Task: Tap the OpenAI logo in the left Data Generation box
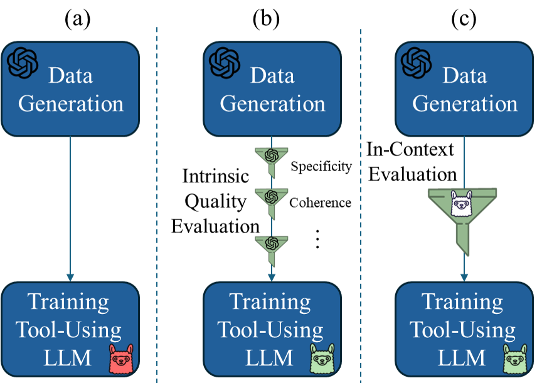23,61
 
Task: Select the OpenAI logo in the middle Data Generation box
225,61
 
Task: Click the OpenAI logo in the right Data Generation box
417,61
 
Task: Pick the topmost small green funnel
271,157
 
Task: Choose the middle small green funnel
271,199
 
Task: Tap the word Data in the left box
70,76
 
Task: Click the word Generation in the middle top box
272,103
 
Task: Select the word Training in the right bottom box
462,302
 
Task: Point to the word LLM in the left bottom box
67,358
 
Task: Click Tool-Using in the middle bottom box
270,330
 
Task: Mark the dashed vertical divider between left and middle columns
157,201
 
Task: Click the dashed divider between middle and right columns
361,201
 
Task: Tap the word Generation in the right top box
465,103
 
